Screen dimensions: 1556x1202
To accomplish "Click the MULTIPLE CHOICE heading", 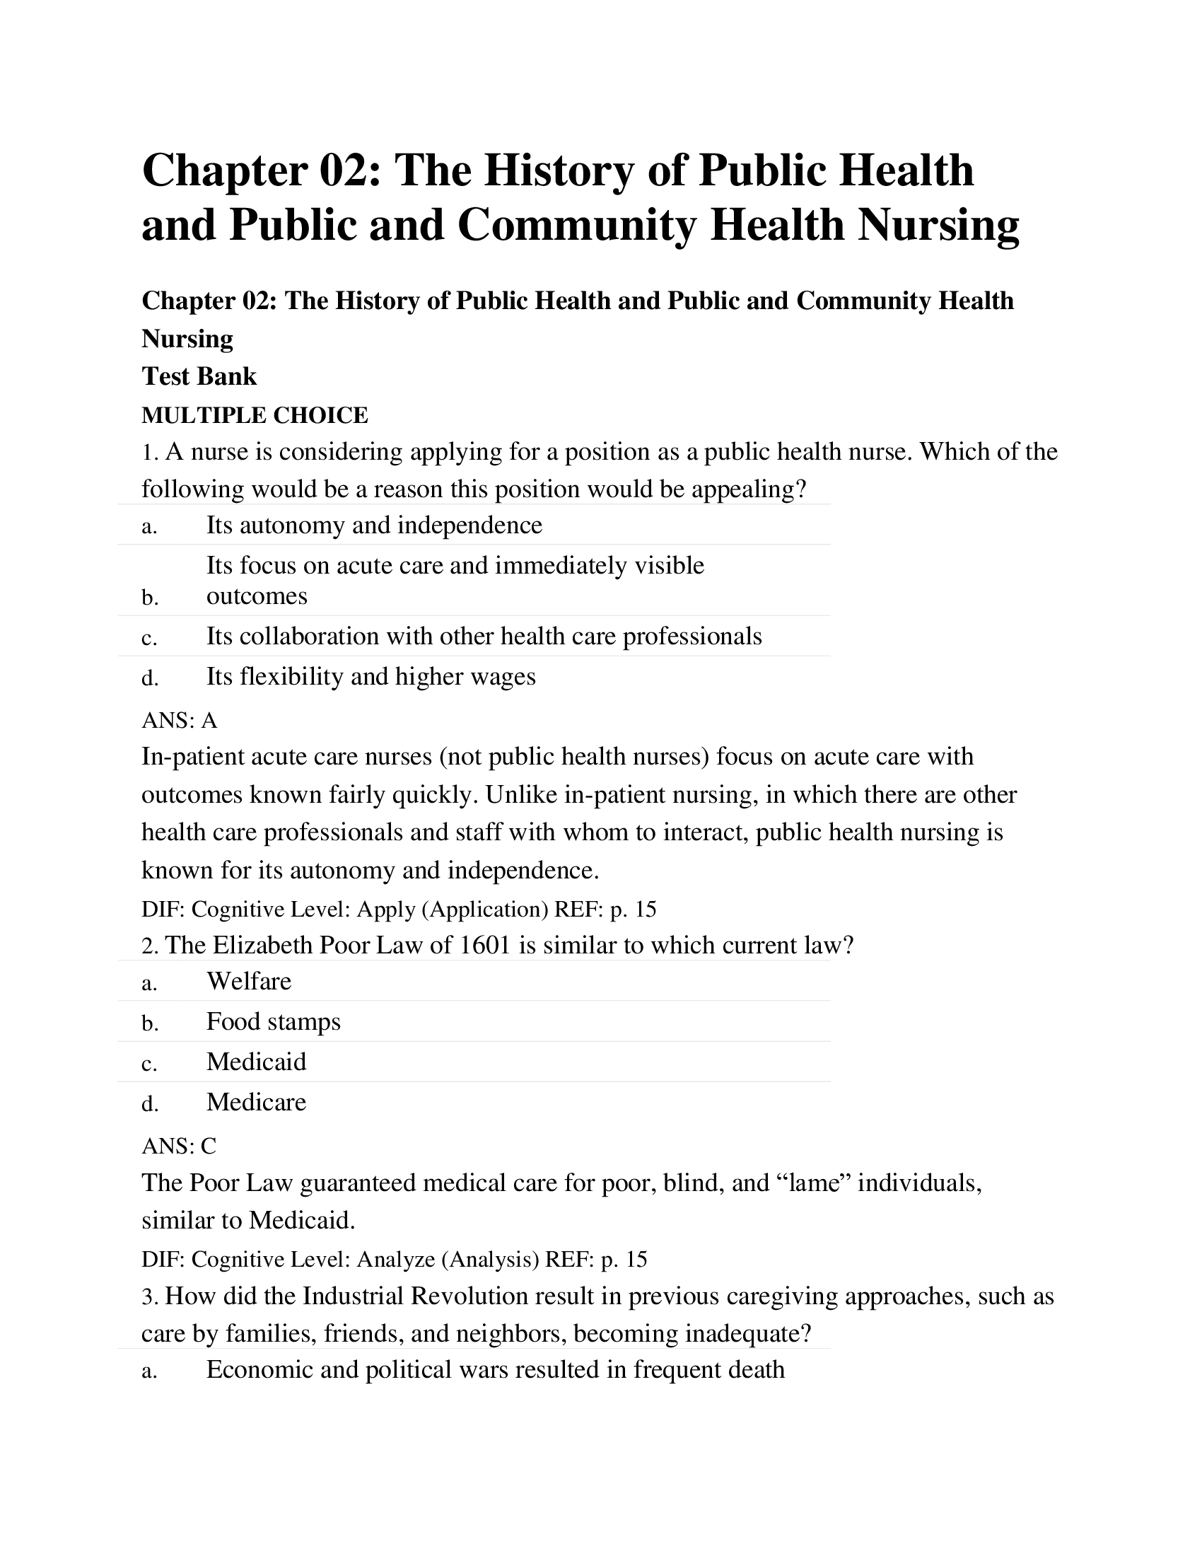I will tap(255, 414).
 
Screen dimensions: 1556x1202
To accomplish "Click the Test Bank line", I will tap(199, 376).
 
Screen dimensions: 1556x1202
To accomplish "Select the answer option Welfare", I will tap(248, 981).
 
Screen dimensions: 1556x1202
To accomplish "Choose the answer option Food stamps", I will tap(274, 1022).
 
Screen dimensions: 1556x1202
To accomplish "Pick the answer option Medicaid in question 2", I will tap(257, 1062).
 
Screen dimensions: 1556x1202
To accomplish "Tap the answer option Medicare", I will tap(257, 1102).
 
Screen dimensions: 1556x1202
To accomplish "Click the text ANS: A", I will tap(180, 720).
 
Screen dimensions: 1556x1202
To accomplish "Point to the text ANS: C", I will tap(179, 1146).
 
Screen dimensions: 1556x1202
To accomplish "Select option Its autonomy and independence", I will tap(374, 525).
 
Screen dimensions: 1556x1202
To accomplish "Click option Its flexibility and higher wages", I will tap(370, 676).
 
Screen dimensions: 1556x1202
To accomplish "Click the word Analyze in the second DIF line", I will tap(395, 1260).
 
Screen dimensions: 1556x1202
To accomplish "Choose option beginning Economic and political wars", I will tap(495, 1369).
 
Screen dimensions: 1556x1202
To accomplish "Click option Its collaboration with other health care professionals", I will tap(484, 637).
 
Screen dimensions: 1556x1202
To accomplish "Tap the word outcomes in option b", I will tap(257, 596).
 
